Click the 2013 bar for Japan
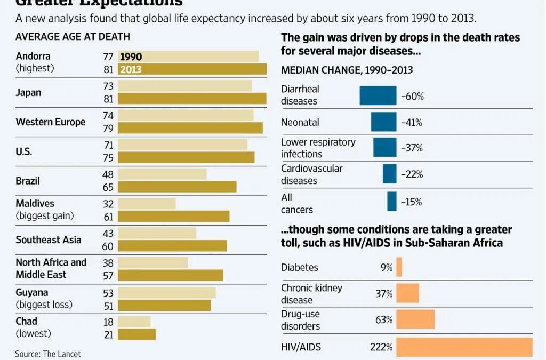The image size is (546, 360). pyautogui.click(x=192, y=98)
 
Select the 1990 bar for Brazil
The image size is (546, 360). pyautogui.click(x=162, y=174)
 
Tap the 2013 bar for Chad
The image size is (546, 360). pyautogui.click(x=136, y=334)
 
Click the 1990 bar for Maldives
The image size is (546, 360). pyautogui.click(x=147, y=204)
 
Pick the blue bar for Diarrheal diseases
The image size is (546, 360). pyautogui.click(x=378, y=95)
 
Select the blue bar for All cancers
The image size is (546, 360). pyautogui.click(x=392, y=202)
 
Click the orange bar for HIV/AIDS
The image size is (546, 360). pyautogui.click(x=464, y=347)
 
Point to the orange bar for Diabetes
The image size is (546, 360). pyautogui.click(x=399, y=267)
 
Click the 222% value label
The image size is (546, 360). pyautogui.click(x=381, y=347)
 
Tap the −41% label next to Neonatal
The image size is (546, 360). pyautogui.click(x=412, y=122)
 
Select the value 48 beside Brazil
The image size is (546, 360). pyautogui.click(x=109, y=174)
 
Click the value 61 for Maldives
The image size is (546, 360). pyautogui.click(x=109, y=216)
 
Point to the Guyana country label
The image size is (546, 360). pyautogui.click(x=32, y=292)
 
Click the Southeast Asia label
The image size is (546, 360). pyautogui.click(x=49, y=239)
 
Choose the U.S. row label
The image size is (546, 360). pyautogui.click(x=24, y=151)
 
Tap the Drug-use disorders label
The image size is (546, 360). pyautogui.click(x=301, y=320)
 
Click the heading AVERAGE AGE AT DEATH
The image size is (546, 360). pyautogui.click(x=73, y=37)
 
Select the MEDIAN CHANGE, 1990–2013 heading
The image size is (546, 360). pyautogui.click(x=347, y=70)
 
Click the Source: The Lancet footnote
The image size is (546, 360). pyautogui.click(x=48, y=354)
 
